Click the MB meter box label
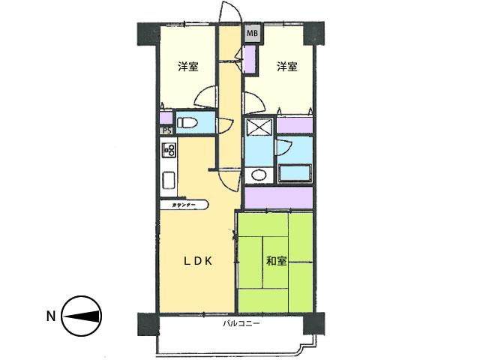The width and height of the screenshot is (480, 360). [252, 33]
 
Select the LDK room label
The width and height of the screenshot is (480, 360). [200, 261]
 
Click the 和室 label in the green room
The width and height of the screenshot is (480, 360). [275, 261]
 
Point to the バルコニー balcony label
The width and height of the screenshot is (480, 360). [241, 324]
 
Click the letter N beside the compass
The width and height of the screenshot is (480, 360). [51, 316]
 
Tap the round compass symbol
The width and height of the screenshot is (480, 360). [81, 316]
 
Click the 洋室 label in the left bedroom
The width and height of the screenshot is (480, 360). [188, 67]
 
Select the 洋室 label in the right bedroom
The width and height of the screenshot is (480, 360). [286, 67]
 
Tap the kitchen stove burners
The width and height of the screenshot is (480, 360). [167, 151]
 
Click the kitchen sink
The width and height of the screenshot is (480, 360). [168, 181]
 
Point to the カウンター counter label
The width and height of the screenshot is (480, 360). [184, 204]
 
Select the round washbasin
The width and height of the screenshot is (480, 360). [258, 175]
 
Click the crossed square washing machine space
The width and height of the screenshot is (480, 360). [259, 128]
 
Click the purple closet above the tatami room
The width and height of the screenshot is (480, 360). [278, 198]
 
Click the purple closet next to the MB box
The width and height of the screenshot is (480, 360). [250, 57]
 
